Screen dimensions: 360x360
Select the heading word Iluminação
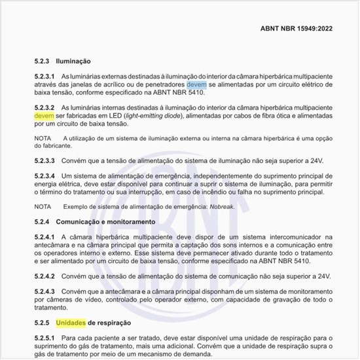click(73, 60)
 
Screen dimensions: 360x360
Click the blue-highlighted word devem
click(196, 84)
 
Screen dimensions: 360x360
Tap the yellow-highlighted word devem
click(44, 115)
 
